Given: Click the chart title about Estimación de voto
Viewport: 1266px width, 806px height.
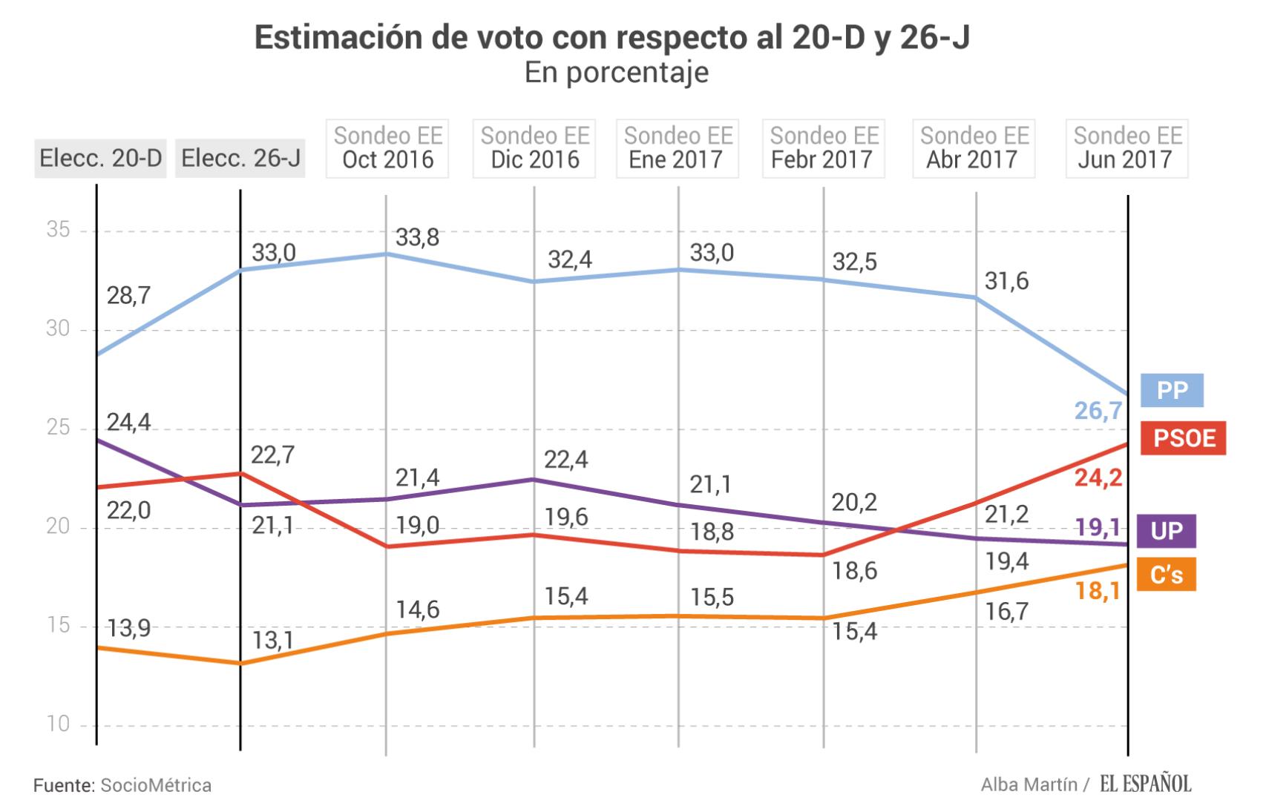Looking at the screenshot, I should click(612, 38).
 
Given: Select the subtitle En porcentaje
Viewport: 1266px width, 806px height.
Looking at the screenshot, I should click(616, 73).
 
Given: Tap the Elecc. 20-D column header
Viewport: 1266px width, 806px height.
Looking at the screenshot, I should click(100, 158).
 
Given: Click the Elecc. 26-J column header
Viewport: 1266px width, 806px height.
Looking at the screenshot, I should click(240, 158).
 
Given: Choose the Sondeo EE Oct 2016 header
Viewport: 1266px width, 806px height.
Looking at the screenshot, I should click(387, 148).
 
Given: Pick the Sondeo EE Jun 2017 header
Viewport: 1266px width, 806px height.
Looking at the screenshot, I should click(1126, 148).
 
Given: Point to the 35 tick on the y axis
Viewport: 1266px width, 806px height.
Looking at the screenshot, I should click(58, 230).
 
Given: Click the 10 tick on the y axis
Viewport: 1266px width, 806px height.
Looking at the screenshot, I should click(58, 724).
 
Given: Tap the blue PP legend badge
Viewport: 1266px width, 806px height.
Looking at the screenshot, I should click(1172, 390).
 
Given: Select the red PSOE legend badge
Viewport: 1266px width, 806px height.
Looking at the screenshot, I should click(1184, 438).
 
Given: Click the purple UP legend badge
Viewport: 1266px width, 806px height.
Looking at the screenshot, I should click(1166, 531).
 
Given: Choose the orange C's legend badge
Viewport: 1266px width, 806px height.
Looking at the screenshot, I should click(1166, 575).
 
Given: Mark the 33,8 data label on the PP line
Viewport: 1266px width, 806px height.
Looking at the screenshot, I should click(417, 237).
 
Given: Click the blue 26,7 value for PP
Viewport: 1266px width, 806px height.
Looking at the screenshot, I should click(1098, 410).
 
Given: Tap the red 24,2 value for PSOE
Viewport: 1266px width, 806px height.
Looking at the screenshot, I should click(1098, 478).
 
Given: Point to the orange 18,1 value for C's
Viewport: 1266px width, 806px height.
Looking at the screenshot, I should click(1098, 591).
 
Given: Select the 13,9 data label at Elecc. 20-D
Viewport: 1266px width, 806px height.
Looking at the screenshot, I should click(128, 628).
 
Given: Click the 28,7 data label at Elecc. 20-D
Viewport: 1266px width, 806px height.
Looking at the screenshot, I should click(128, 296).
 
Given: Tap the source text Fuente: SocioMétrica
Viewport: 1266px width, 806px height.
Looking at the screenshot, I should click(122, 785).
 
